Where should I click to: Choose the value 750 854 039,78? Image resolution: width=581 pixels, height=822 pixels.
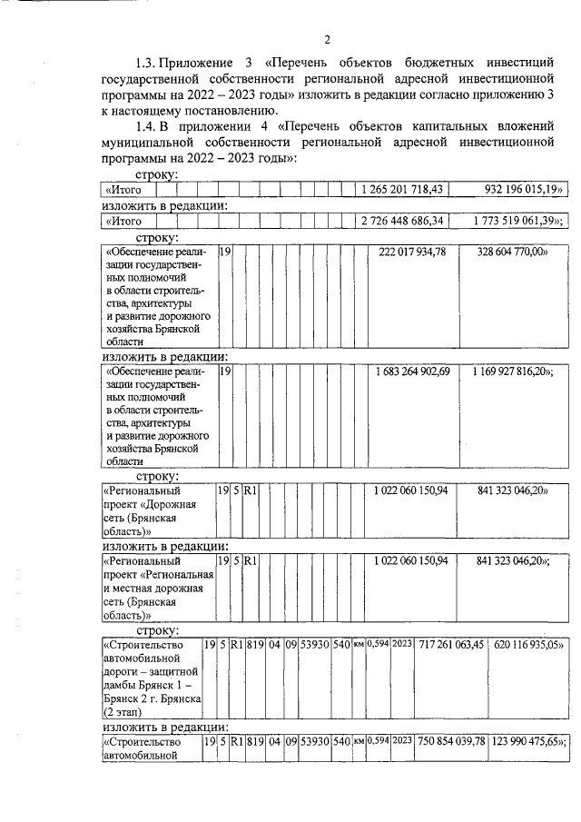[x=451, y=742]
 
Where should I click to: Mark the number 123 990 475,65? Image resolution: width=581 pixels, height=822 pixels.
[x=527, y=742]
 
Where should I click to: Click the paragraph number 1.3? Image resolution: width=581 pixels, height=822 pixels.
[x=147, y=63]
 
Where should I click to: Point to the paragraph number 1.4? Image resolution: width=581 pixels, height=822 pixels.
[x=147, y=125]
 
